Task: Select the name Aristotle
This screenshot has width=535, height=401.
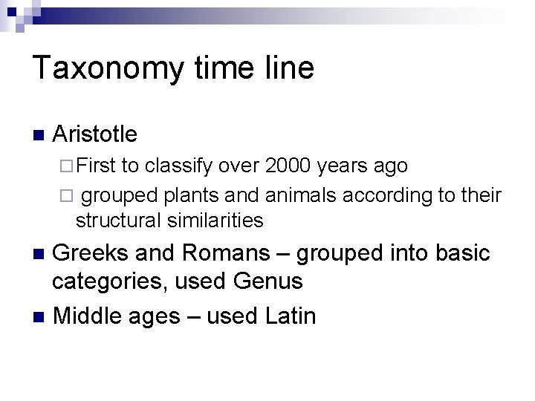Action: click(x=95, y=134)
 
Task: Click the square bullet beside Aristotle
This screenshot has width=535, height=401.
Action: click(x=39, y=135)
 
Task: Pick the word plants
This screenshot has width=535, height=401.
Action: click(x=187, y=196)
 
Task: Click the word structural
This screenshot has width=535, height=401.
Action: click(x=117, y=221)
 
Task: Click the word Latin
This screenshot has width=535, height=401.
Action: click(x=290, y=316)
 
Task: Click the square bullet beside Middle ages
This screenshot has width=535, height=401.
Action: click(x=39, y=316)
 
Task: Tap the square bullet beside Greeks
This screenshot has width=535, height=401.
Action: click(x=39, y=254)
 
